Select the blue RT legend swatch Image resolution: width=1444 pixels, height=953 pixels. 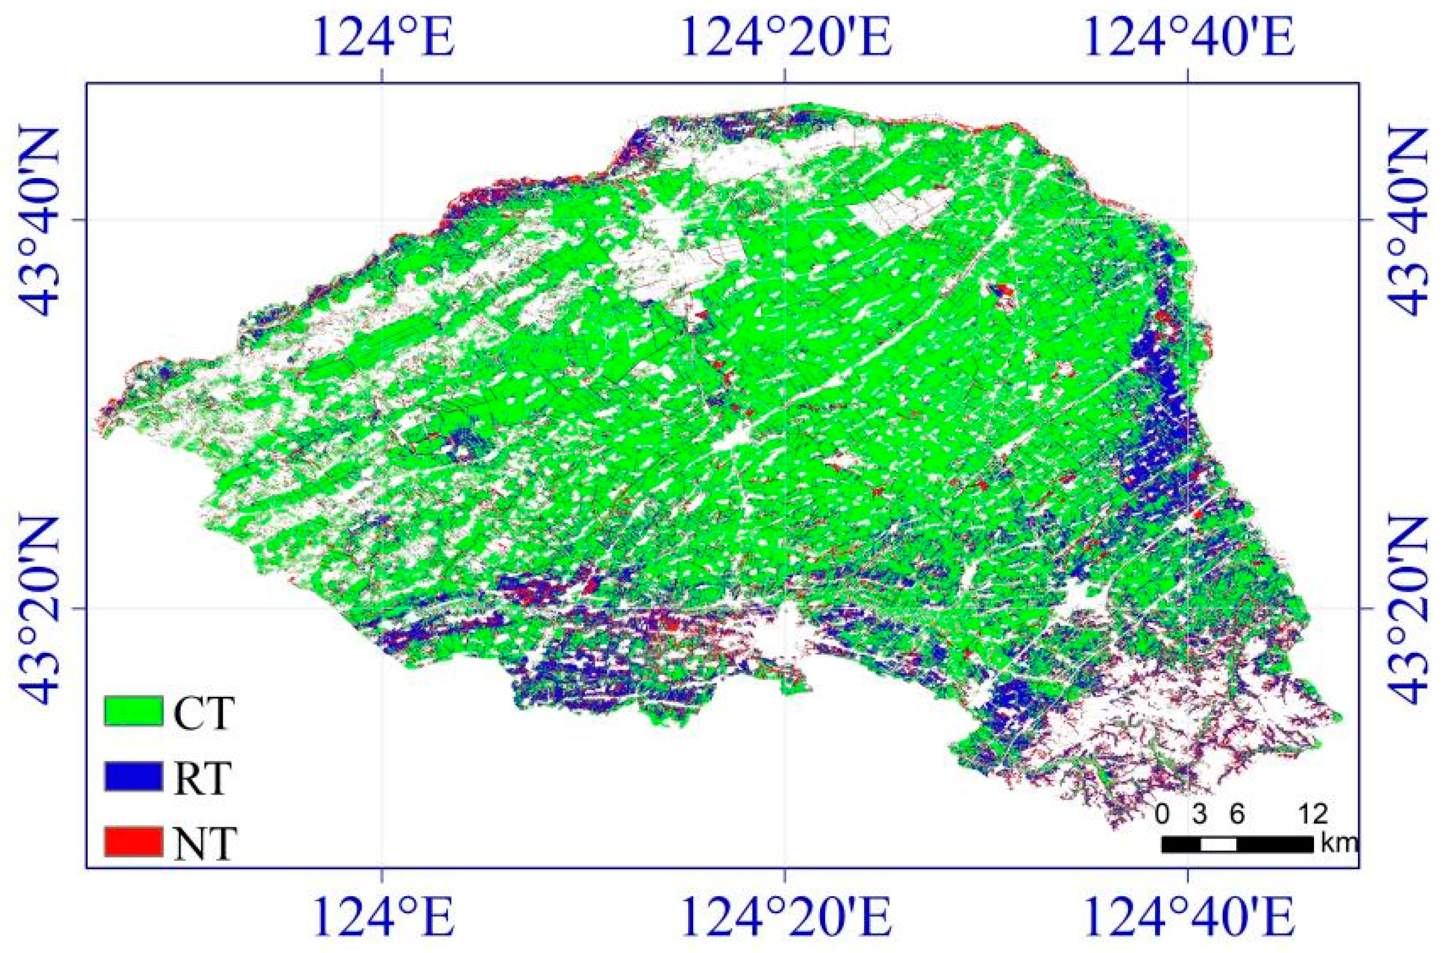click(133, 777)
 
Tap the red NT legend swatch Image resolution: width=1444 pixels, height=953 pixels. click(133, 841)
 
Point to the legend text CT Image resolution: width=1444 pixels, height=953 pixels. click(203, 712)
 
